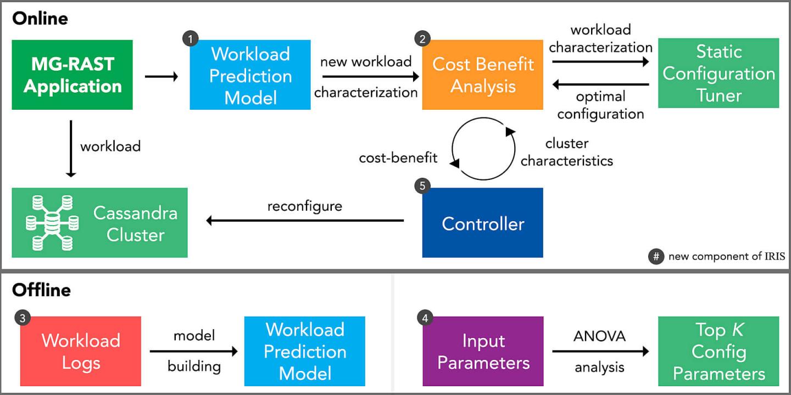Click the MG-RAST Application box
[72, 75]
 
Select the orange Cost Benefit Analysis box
[482, 75]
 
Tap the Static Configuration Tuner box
[718, 73]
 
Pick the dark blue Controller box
[482, 223]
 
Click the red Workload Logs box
[80, 351]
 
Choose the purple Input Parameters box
[482, 351]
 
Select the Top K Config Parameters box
[718, 351]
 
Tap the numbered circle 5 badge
[422, 186]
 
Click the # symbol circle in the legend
[656, 256]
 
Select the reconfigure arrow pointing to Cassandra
[305, 221]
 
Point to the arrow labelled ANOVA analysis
[600, 351]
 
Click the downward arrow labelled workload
[71, 148]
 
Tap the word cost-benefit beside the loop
[398, 158]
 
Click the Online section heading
[40, 18]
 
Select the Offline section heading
[41, 289]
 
